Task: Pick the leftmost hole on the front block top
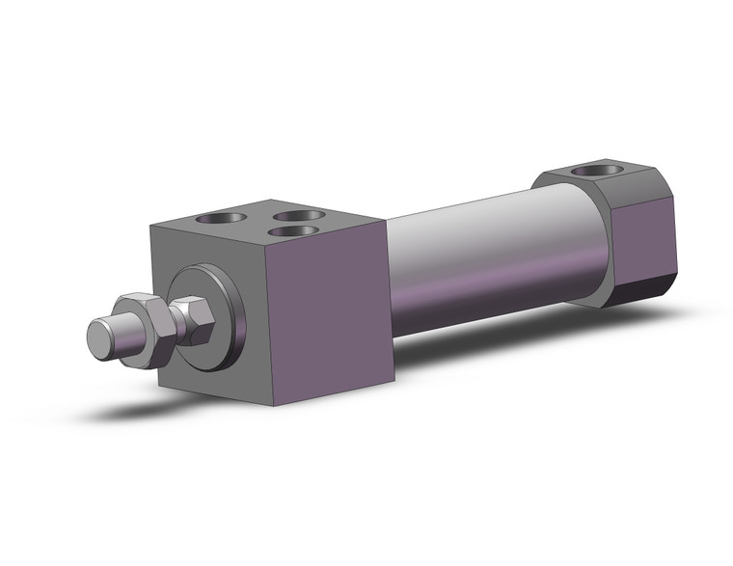tap(213, 219)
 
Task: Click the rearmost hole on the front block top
tap(298, 215)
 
